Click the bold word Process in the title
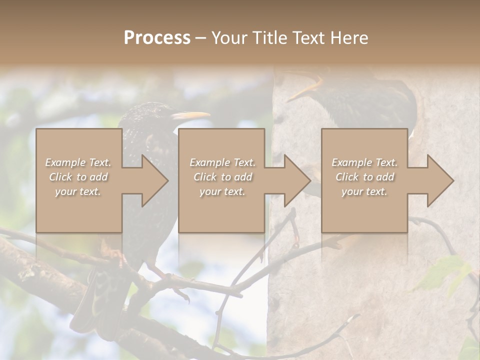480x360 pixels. (x=157, y=38)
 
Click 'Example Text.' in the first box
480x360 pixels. (x=78, y=162)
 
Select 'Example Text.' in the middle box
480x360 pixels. (x=222, y=162)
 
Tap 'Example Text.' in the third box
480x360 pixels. (x=364, y=162)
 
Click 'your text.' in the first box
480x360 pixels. (x=78, y=191)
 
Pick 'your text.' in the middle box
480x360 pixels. (x=222, y=191)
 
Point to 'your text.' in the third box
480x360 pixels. (x=364, y=191)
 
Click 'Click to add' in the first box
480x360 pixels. (x=78, y=177)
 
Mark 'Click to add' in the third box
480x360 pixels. (x=364, y=177)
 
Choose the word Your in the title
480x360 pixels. (x=227, y=38)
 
